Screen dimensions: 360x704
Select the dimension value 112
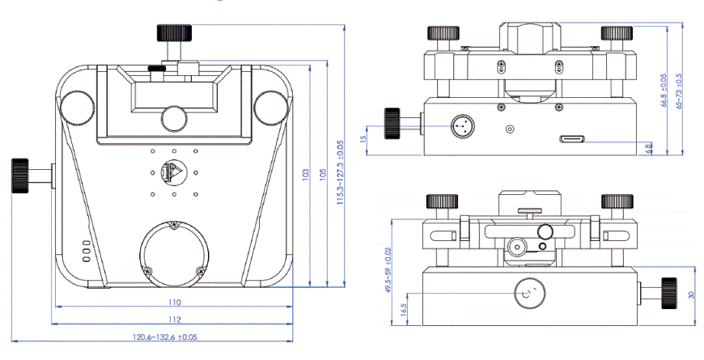pos(173,318)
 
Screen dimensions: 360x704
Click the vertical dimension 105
pos(323,173)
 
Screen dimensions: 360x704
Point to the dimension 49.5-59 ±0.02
pos(388,271)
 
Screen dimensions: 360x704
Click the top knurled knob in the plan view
pos(175,34)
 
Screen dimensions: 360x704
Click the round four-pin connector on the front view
pos(463,126)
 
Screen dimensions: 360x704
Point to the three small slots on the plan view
pos(85,250)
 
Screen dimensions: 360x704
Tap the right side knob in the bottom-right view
pos(668,293)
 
